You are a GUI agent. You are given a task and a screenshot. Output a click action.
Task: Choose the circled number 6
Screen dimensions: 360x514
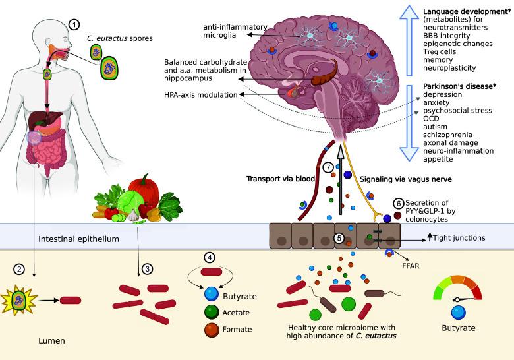tap(397, 202)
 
